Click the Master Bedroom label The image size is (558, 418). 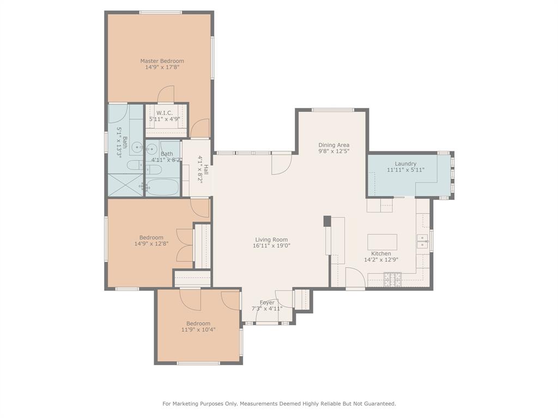(162, 61)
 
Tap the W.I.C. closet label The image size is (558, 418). (164, 113)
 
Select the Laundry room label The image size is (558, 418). (405, 163)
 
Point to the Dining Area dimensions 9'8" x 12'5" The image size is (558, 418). (333, 151)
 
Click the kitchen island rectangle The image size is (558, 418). (382, 242)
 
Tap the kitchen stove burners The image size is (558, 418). (392, 280)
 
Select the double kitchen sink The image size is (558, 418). (422, 241)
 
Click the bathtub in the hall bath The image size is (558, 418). (162, 187)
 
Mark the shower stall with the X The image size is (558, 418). (124, 185)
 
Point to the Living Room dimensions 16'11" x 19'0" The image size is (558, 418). (271, 245)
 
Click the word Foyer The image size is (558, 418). (267, 303)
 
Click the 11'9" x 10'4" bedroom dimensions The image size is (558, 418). (198, 329)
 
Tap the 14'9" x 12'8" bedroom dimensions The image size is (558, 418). (151, 244)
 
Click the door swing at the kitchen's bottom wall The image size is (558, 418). (354, 276)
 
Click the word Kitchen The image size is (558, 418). (381, 254)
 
